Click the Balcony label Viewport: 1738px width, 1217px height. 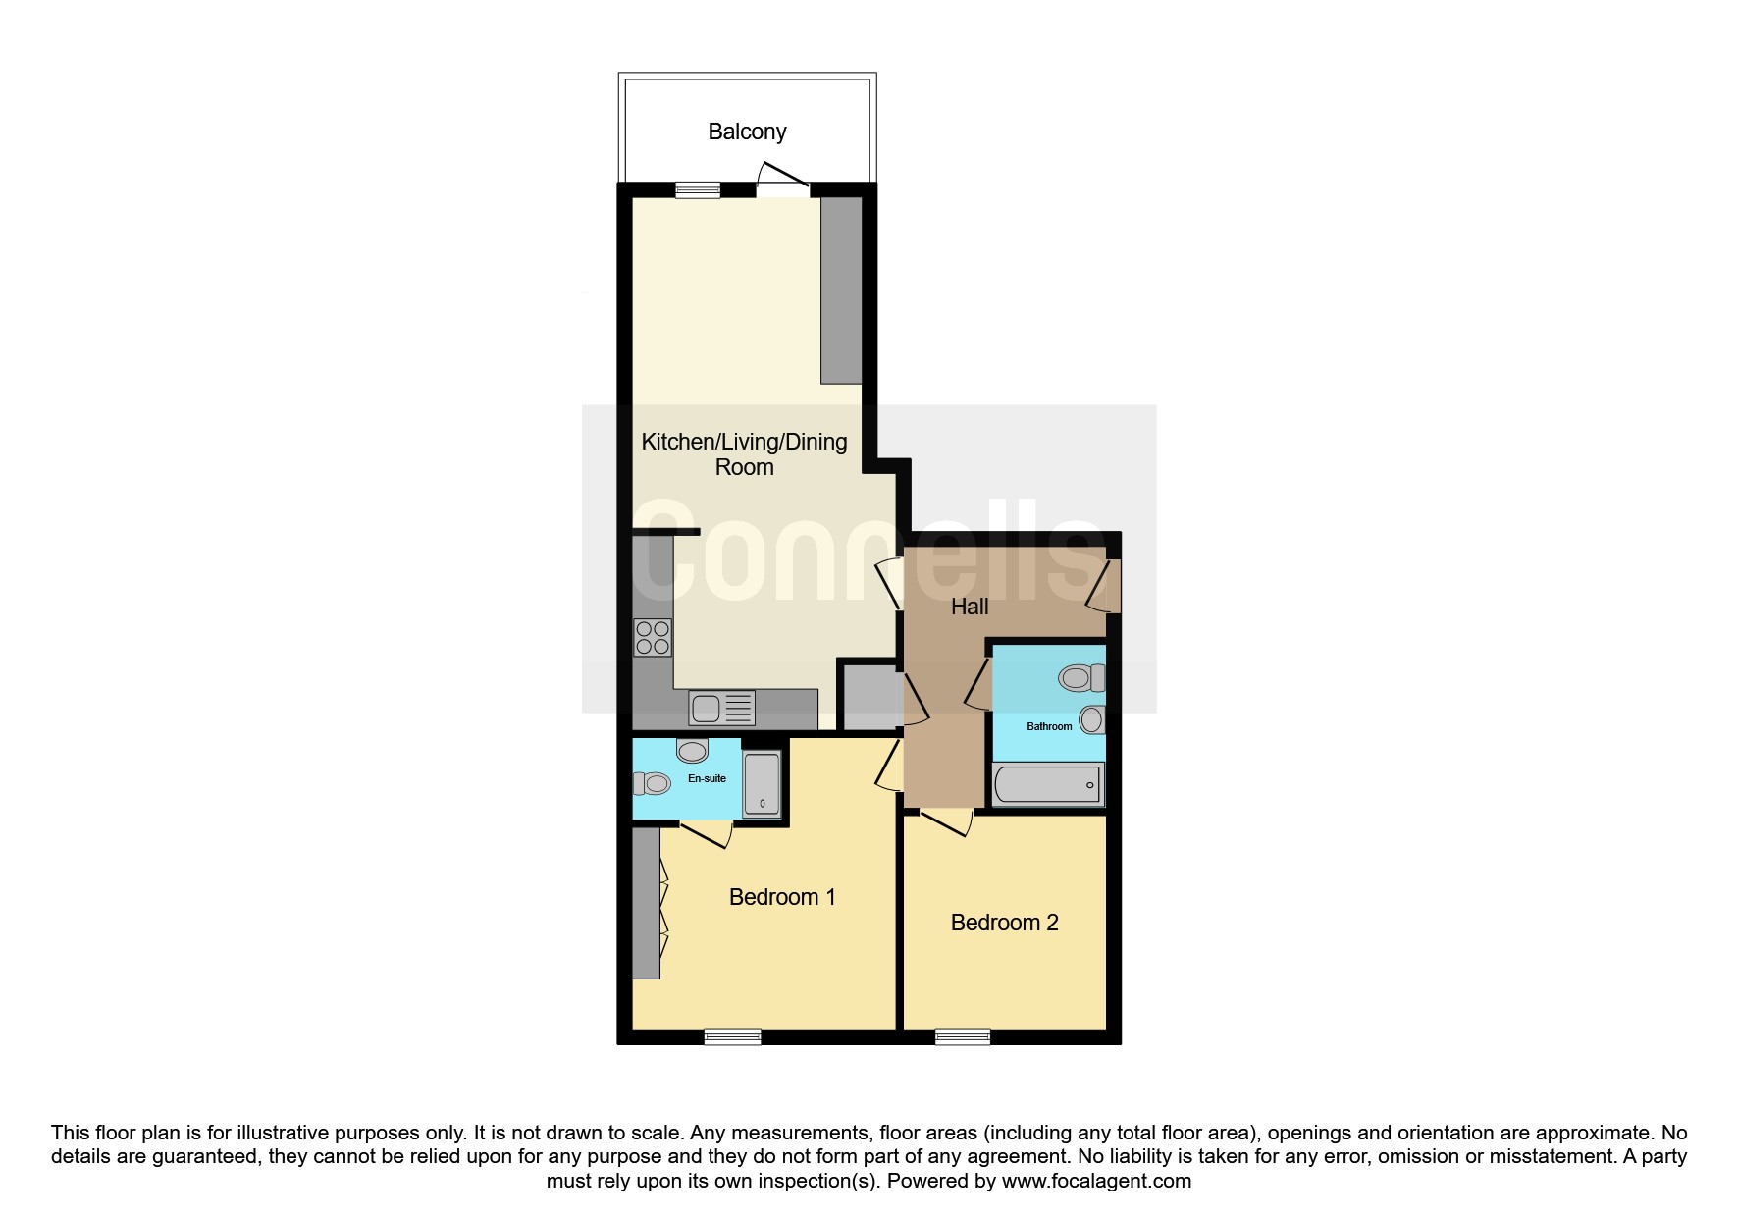(x=747, y=132)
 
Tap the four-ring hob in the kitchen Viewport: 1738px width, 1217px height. (x=653, y=637)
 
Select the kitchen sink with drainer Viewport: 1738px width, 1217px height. (x=721, y=707)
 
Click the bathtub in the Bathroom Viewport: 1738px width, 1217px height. (x=1048, y=784)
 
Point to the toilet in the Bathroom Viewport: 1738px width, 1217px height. (x=1081, y=677)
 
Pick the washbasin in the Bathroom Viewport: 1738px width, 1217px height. (x=1091, y=719)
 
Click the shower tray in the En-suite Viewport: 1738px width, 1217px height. (x=762, y=783)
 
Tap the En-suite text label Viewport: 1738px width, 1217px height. (x=707, y=778)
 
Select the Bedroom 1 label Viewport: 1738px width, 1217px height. (x=782, y=897)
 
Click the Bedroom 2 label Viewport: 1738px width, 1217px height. (x=1004, y=923)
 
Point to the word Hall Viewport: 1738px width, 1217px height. (x=970, y=607)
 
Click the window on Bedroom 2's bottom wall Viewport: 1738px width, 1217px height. (x=963, y=1036)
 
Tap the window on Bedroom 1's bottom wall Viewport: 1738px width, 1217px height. (x=733, y=1036)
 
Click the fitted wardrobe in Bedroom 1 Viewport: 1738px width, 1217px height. (x=646, y=903)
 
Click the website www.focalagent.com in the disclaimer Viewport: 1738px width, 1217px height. (x=1096, y=1181)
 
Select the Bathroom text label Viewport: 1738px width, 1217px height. (x=1049, y=726)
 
